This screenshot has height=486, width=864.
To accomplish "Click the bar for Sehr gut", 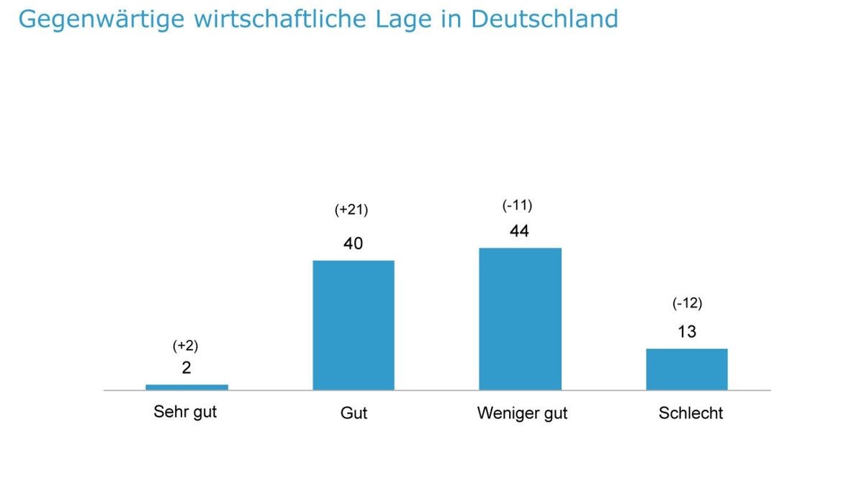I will [x=186, y=387].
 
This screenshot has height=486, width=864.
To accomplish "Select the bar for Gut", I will [x=354, y=325].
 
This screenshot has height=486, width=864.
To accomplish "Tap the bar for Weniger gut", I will [x=520, y=319].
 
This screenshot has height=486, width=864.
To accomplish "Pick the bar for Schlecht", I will [x=687, y=369].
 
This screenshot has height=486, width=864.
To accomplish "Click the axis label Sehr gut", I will [x=185, y=413].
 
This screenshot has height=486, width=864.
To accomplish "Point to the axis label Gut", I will [x=354, y=413].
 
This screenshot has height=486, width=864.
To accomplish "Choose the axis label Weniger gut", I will [x=522, y=413].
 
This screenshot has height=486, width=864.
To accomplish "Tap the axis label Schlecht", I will [x=690, y=413].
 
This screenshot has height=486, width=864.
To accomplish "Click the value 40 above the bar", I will [x=353, y=244].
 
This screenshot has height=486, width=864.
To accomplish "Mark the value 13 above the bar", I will [x=687, y=332].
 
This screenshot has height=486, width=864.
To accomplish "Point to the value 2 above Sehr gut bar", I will [x=186, y=368].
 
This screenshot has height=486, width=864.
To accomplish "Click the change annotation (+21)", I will [x=351, y=210].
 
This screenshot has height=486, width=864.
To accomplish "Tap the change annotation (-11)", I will [x=517, y=206].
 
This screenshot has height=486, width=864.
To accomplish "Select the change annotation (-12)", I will [x=687, y=303].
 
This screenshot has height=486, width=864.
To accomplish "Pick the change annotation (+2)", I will [x=185, y=346].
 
